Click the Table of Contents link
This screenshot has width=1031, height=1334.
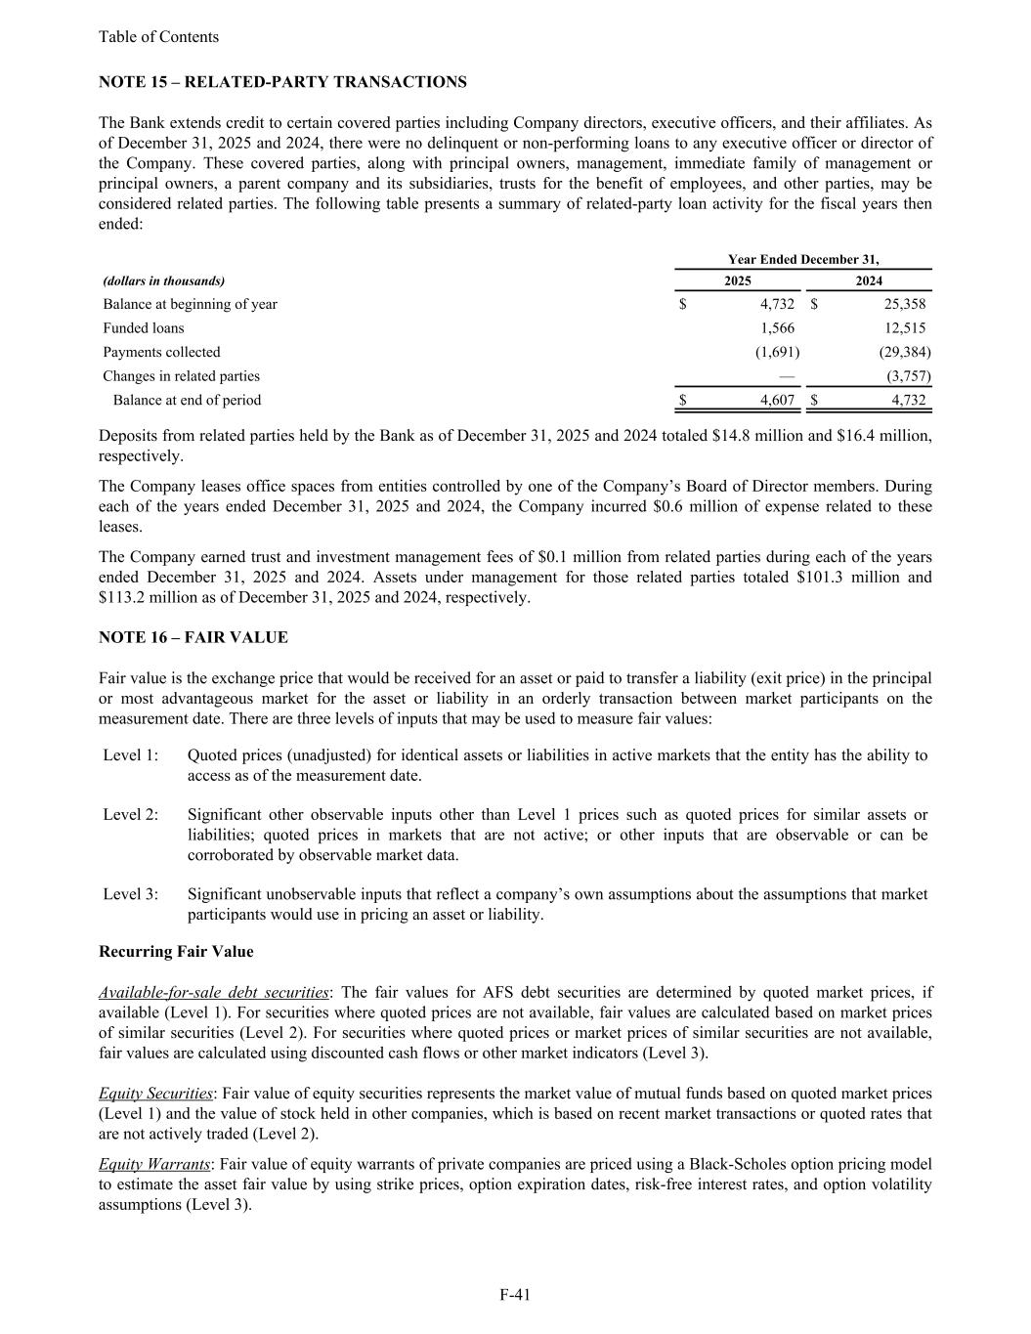point(158,37)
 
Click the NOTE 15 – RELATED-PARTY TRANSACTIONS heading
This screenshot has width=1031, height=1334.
point(282,82)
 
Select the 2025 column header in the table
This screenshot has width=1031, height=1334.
point(738,280)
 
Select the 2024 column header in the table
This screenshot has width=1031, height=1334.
point(869,280)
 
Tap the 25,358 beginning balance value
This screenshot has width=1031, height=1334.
point(904,304)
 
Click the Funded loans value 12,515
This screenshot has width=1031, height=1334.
point(904,328)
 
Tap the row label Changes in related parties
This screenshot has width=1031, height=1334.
point(182,376)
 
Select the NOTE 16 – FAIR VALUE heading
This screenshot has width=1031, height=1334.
point(193,637)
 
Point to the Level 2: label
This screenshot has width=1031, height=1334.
point(131,815)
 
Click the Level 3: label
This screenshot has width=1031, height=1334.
point(131,894)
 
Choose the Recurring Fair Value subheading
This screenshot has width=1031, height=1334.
point(176,952)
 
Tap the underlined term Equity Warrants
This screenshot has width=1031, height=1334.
point(154,1164)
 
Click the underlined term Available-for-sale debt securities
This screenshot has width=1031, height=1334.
point(214,993)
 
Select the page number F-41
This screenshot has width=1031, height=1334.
point(515,1295)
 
